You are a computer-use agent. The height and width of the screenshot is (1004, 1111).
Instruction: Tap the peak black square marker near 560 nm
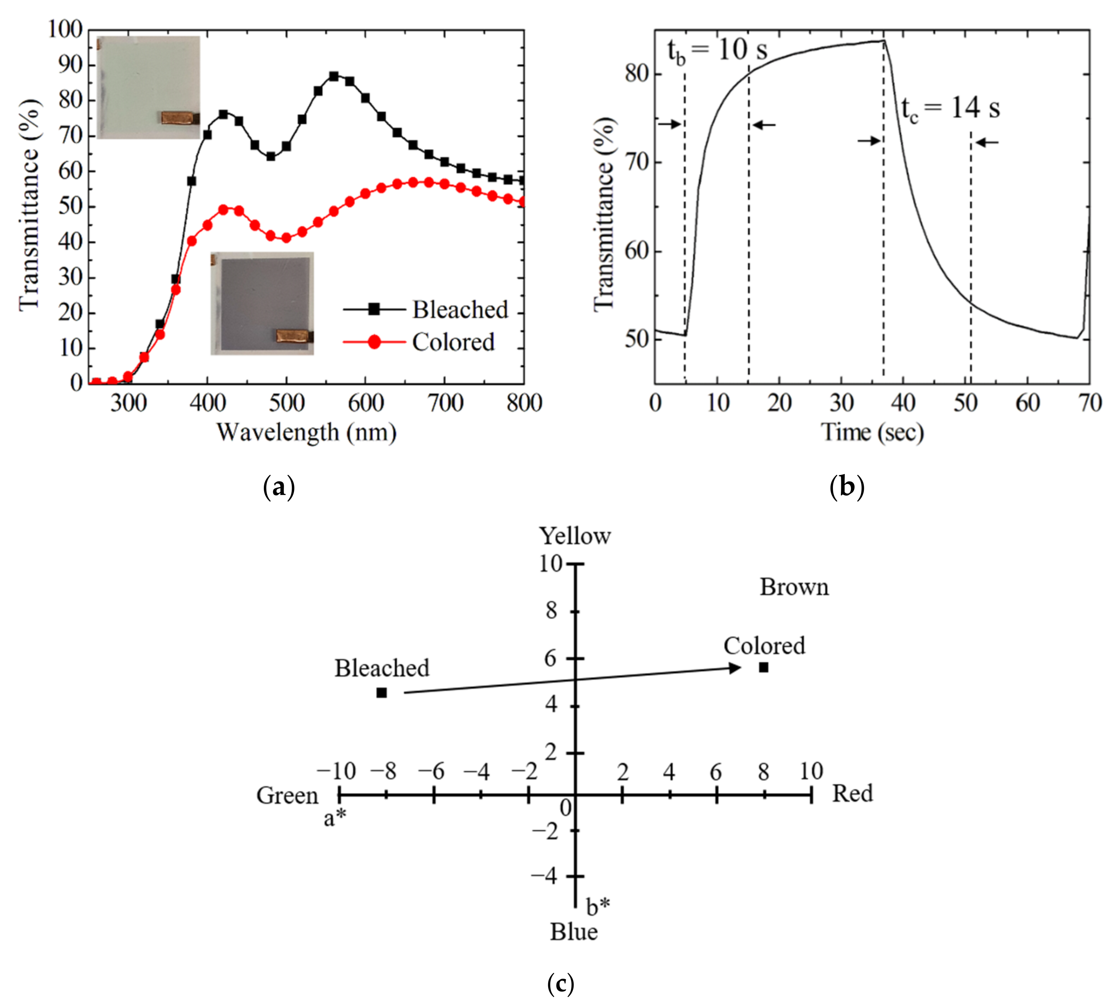pyautogui.click(x=333, y=76)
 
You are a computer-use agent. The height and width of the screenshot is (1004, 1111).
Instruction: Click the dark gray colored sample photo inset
pyautogui.click(x=262, y=303)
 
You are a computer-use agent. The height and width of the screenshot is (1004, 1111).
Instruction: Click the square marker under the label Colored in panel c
pyautogui.click(x=763, y=667)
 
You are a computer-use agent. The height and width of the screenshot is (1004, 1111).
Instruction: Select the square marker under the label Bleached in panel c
pyautogui.click(x=381, y=693)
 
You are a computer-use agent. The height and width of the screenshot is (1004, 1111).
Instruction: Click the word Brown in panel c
pyautogui.click(x=794, y=587)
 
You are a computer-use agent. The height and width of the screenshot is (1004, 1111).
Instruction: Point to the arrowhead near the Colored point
pyautogui.click(x=736, y=668)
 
